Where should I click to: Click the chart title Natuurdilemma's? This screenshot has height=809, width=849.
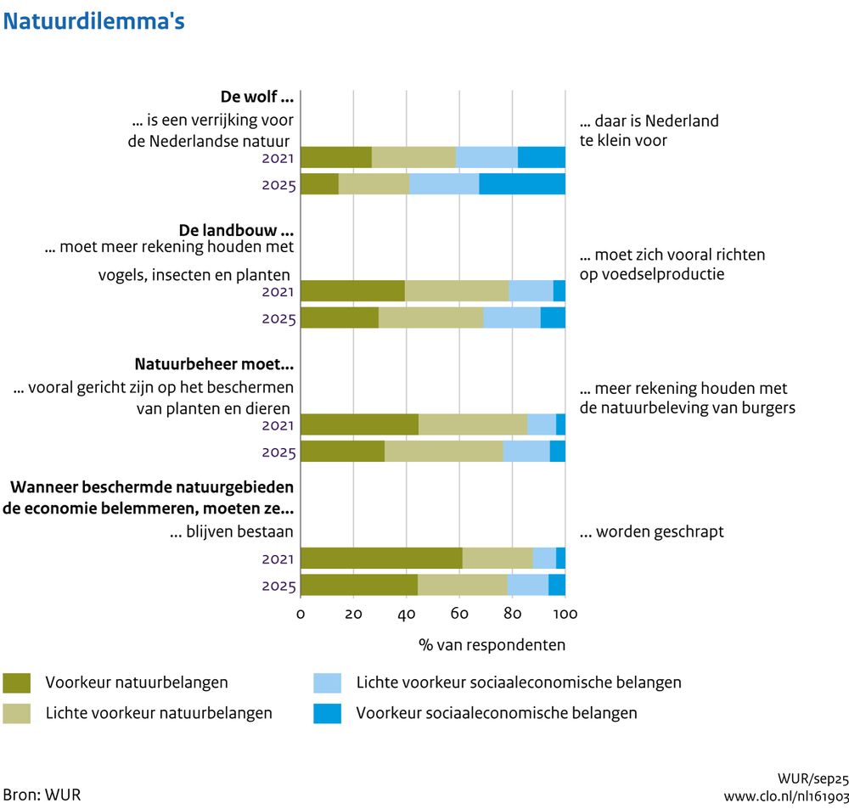(94, 21)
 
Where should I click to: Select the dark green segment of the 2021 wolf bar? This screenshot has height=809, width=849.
(336, 157)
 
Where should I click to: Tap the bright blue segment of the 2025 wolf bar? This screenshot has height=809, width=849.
(522, 183)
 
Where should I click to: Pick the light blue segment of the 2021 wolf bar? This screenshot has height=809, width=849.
(486, 157)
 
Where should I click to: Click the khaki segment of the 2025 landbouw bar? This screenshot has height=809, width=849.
(430, 317)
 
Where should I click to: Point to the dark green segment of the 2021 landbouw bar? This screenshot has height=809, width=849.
(352, 290)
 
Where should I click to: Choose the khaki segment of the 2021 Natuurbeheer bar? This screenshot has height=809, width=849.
(473, 424)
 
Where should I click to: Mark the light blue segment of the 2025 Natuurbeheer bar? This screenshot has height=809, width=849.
(526, 452)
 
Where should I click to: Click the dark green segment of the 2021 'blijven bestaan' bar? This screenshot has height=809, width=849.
(381, 558)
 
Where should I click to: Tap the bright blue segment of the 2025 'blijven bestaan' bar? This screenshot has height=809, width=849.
(557, 585)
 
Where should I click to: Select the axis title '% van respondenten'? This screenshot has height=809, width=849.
(492, 645)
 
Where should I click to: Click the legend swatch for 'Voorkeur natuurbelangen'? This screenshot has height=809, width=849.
(17, 683)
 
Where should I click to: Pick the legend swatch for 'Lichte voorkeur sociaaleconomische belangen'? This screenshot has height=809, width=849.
(327, 683)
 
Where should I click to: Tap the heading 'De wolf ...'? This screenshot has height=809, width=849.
(257, 97)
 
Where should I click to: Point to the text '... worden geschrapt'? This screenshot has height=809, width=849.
(651, 532)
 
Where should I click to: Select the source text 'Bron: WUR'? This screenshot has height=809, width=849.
(42, 795)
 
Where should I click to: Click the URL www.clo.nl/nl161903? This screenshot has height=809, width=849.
(785, 795)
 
